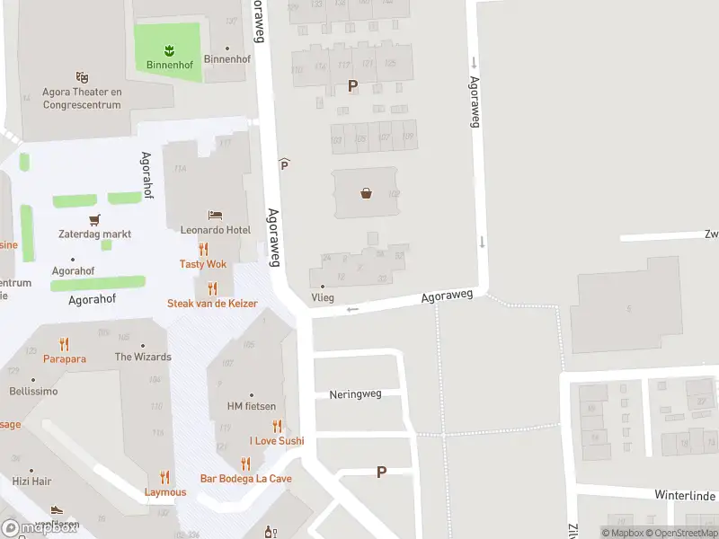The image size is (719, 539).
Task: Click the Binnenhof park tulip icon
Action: [x=168, y=49]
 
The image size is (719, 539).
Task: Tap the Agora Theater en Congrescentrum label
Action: [x=82, y=98]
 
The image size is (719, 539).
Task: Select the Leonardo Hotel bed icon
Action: [x=215, y=215]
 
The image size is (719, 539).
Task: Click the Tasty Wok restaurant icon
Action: [x=203, y=249]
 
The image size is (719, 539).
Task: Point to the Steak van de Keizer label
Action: [x=212, y=304]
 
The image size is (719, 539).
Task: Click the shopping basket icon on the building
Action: [x=366, y=191]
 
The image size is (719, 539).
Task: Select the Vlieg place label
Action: [x=322, y=297]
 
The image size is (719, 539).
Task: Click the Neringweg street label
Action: [x=355, y=394]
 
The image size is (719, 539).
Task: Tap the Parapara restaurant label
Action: [x=64, y=358]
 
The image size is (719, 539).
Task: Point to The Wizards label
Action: [x=143, y=357]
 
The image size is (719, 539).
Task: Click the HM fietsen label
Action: [x=252, y=406]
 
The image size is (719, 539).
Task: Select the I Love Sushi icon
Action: [x=277, y=426]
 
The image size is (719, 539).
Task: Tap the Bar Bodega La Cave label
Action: [x=245, y=479]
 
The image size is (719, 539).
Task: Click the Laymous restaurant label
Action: [x=165, y=492]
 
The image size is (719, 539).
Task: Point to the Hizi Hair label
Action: [x=32, y=482]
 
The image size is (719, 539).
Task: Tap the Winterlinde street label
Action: [x=684, y=495]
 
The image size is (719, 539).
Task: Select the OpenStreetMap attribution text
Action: [x=681, y=533]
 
